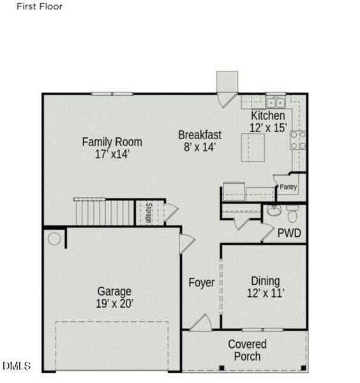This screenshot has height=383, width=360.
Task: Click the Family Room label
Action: pyautogui.click(x=112, y=147)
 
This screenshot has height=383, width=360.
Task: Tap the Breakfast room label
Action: pyautogui.click(x=200, y=140)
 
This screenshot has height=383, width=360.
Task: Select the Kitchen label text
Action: pyautogui.click(x=268, y=122)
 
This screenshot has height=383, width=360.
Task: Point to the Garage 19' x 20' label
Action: pyautogui.click(x=115, y=297)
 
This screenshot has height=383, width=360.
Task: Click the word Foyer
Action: pyautogui.click(x=201, y=282)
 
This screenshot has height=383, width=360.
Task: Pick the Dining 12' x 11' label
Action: pyautogui.click(x=265, y=287)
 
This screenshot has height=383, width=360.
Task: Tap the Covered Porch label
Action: pyautogui.click(x=247, y=350)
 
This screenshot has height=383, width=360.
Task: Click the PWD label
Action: pyautogui.click(x=289, y=234)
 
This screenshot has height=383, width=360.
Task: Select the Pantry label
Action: pyautogui.click(x=289, y=187)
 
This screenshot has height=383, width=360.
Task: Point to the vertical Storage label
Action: pyautogui.click(x=148, y=213)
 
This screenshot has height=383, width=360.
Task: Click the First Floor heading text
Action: pyautogui.click(x=40, y=7)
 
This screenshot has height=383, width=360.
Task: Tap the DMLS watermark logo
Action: pyautogui.click(x=17, y=366)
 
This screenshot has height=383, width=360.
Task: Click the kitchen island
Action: pyautogui.click(x=253, y=147)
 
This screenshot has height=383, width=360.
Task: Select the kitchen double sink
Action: pyautogui.click(x=275, y=102)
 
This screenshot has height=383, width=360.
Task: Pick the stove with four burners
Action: pyautogui.click(x=298, y=140)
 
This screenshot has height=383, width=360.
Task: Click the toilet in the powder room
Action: pyautogui.click(x=292, y=211)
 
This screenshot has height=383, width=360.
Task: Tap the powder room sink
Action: pyautogui.click(x=273, y=211)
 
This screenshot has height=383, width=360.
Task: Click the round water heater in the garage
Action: pyautogui.click(x=55, y=239)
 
